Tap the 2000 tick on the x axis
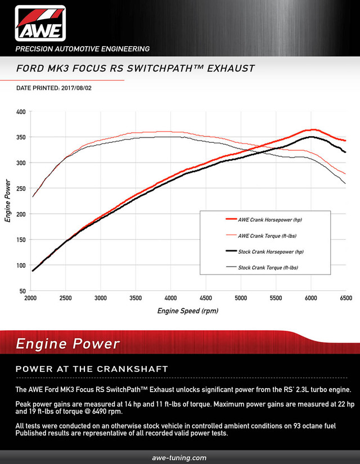pos(31,298)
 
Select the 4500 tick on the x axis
pos(206,298)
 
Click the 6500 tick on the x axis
pos(345,298)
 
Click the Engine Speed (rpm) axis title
pos(188,310)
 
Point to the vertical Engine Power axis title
pos(8,201)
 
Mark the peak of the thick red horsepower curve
pos(313,130)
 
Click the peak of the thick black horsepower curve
pos(311,137)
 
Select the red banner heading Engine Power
pos(67,344)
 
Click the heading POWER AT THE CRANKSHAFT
pos(92,369)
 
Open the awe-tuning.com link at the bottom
pos(179,458)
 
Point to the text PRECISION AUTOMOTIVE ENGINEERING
pos(82,49)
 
